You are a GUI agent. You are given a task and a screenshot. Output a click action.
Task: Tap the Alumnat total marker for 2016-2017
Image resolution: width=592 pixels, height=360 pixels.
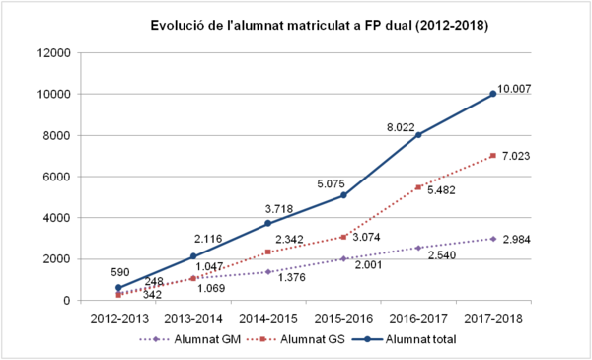[418, 135]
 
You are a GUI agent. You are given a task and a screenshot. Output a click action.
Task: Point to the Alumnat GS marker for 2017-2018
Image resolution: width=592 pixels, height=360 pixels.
[493, 156]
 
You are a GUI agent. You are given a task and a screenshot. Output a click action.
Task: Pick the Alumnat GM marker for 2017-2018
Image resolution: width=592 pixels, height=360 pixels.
[493, 239]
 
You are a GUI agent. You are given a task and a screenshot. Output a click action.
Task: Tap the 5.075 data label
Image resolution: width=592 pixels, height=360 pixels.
[325, 182]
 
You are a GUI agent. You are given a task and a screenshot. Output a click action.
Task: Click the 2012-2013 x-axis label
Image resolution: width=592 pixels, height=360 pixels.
[118, 318]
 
